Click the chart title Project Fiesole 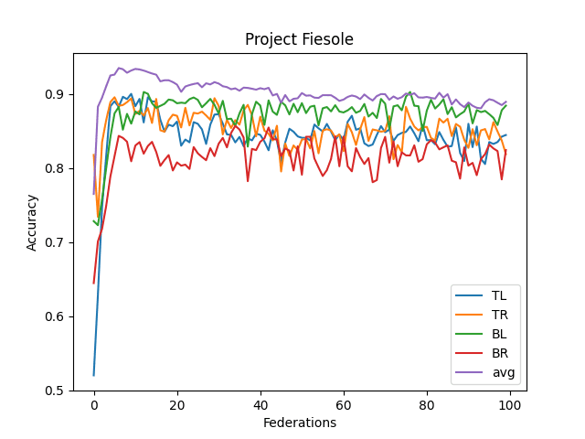click(299, 39)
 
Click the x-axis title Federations click(299, 423)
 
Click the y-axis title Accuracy click(32, 221)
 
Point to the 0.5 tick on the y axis click(55, 391)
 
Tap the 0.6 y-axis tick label click(55, 316)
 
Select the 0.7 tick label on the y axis click(55, 242)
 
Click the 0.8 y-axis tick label click(55, 168)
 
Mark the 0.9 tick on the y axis click(55, 94)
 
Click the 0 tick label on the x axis click(93, 404)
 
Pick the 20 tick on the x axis click(176, 404)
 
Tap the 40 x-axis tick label click(261, 404)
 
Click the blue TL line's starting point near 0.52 click(93, 375)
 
